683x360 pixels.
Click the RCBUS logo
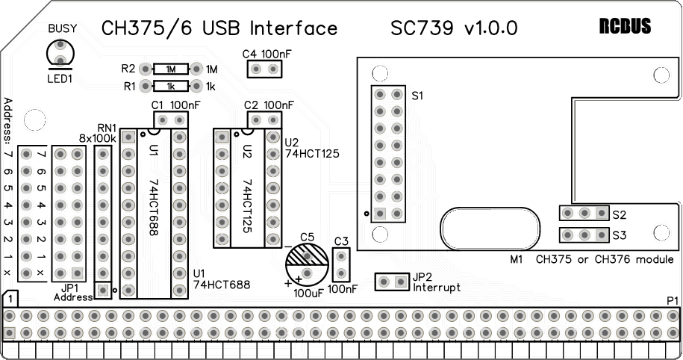(625, 27)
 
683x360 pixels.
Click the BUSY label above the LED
(62, 29)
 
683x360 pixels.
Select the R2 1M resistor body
(171, 69)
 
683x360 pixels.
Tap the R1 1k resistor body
(171, 87)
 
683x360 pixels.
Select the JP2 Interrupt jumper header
(393, 282)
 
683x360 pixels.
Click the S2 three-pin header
(584, 213)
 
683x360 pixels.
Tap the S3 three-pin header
(584, 235)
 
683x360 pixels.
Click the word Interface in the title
(293, 28)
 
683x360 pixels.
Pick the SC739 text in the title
(422, 28)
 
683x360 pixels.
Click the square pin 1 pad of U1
(128, 137)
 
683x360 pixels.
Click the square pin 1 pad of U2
(222, 137)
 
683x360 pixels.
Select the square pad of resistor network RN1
(103, 290)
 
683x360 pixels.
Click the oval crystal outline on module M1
(490, 207)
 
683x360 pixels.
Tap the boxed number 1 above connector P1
(10, 300)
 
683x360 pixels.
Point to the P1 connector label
(672, 301)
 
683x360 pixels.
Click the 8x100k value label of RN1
(98, 139)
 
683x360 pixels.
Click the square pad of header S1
(380, 214)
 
